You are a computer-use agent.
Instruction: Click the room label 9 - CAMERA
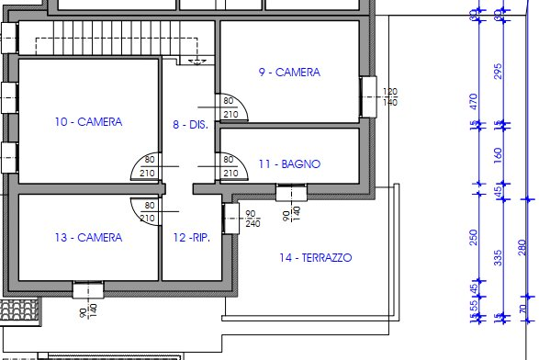click(288, 73)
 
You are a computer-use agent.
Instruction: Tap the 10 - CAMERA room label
click(88, 121)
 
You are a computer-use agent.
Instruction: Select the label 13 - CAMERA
click(88, 238)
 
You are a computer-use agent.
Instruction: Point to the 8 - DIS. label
click(190, 124)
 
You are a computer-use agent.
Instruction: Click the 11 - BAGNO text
click(288, 164)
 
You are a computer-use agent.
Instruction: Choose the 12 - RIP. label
click(191, 238)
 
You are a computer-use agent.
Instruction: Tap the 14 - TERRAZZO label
click(315, 258)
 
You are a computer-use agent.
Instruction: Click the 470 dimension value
click(475, 101)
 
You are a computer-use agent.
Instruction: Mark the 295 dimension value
click(499, 72)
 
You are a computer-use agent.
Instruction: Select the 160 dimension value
click(499, 154)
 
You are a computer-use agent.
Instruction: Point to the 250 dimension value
click(475, 237)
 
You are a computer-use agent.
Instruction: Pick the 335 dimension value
click(499, 257)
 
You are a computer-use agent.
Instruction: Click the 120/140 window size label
click(389, 97)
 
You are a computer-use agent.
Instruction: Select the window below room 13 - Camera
click(86, 289)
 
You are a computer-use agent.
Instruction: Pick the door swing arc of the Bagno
click(227, 166)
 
